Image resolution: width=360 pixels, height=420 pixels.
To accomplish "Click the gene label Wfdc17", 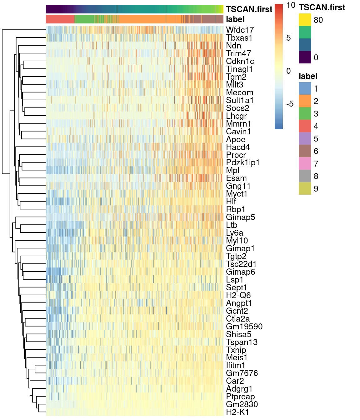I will click(x=240, y=30).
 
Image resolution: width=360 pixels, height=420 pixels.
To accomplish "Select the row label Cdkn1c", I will click(x=240, y=61).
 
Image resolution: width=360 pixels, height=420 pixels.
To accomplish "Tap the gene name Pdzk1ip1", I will click(x=242, y=162).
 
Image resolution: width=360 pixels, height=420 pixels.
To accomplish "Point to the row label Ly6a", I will click(x=234, y=233).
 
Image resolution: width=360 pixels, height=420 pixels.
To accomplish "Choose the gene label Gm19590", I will click(x=244, y=327).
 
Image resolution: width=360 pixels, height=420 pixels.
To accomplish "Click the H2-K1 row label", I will click(x=237, y=412).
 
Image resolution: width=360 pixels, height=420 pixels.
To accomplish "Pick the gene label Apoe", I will click(x=236, y=139).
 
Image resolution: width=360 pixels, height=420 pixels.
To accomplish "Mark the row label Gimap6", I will click(x=240, y=272).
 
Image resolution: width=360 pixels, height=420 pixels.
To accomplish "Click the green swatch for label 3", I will click(x=305, y=114).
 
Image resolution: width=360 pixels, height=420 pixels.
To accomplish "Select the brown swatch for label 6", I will click(x=305, y=151).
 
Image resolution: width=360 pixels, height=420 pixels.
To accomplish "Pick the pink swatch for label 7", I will click(x=305, y=164).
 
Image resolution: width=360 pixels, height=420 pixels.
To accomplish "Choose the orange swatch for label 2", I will click(x=305, y=101).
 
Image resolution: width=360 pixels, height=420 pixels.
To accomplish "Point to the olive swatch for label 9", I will click(x=305, y=189).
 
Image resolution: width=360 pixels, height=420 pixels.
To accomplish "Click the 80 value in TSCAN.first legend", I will click(x=318, y=20).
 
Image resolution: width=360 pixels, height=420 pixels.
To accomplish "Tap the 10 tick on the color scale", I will click(x=291, y=5).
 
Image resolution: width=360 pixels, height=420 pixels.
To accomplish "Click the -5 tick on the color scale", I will click(x=290, y=104).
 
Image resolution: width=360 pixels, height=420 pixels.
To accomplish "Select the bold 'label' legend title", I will click(x=308, y=76).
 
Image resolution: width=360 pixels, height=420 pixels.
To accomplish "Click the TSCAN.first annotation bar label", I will click(x=249, y=9).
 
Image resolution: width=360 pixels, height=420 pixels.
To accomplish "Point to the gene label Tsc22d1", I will click(x=241, y=264).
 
